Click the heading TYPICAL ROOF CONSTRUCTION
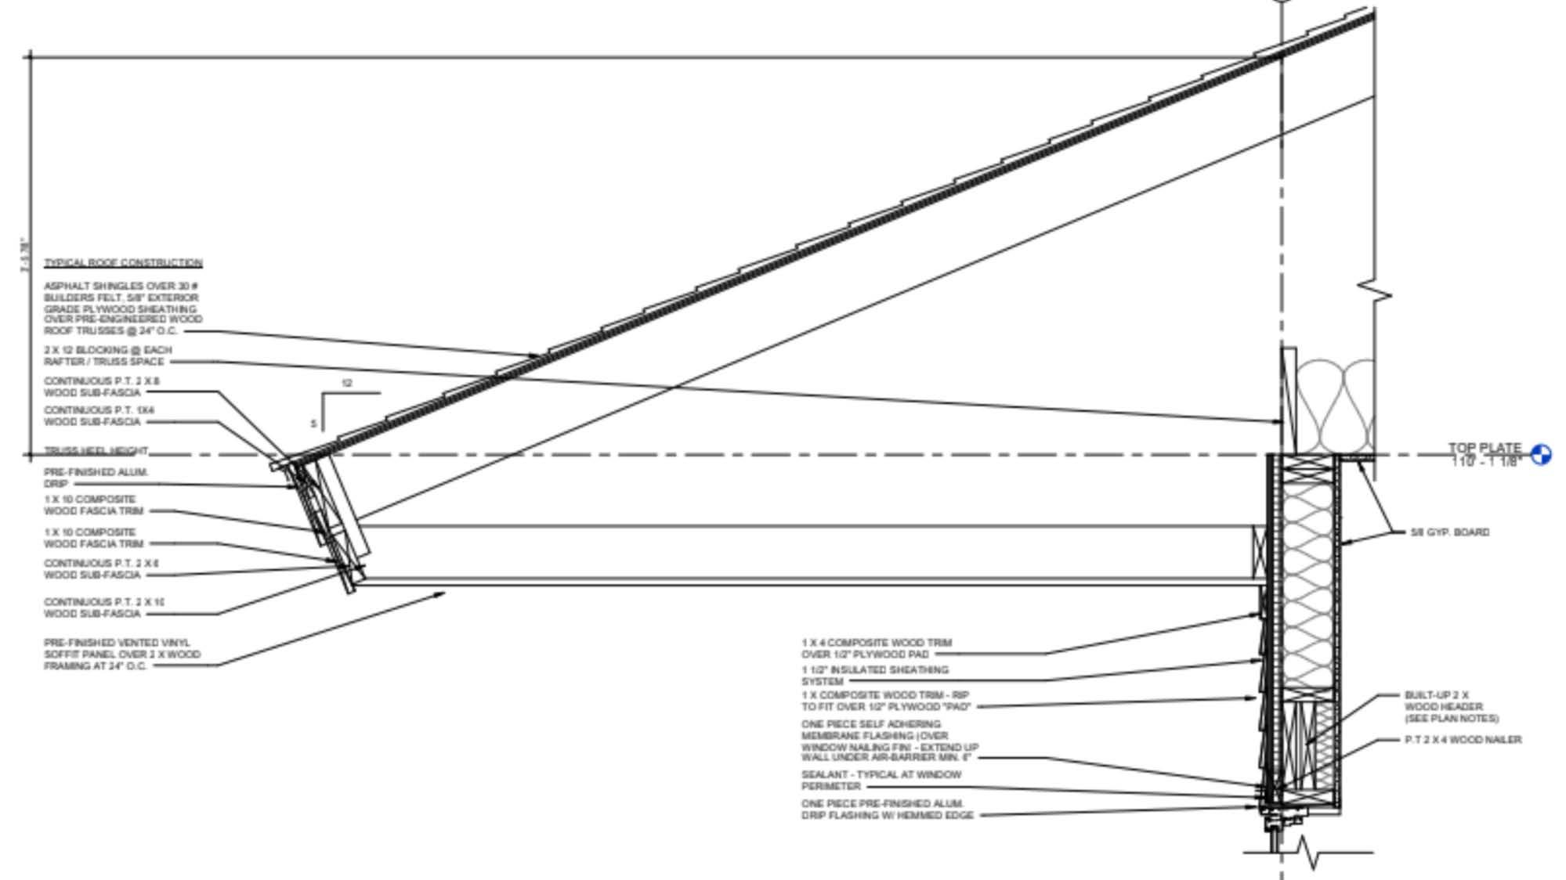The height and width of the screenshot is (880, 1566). pyautogui.click(x=123, y=263)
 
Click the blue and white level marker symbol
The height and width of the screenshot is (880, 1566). pyautogui.click(x=1540, y=455)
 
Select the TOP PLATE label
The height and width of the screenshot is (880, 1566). pyautogui.click(x=1484, y=449)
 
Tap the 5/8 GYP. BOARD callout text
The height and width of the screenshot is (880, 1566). pyautogui.click(x=1449, y=532)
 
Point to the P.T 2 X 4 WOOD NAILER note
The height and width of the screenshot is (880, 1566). pyautogui.click(x=1463, y=739)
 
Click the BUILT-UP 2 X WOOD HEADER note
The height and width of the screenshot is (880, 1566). pyautogui.click(x=1451, y=706)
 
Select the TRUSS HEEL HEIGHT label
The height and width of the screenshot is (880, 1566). pyautogui.click(x=96, y=451)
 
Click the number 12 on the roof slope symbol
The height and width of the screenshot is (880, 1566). pyautogui.click(x=347, y=384)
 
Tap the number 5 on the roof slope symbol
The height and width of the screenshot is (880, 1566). pyautogui.click(x=313, y=424)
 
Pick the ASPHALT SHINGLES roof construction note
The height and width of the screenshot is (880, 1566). pyautogui.click(x=122, y=308)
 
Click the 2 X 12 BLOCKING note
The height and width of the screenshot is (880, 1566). pyautogui.click(x=107, y=355)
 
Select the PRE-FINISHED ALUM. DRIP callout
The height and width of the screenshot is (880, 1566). pyautogui.click(x=96, y=478)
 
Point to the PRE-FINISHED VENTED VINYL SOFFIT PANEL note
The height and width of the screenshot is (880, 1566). pyautogui.click(x=121, y=654)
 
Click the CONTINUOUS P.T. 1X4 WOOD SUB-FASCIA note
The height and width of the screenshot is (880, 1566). pyautogui.click(x=99, y=416)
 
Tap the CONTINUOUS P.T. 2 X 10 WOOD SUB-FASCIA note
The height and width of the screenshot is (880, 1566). pyautogui.click(x=103, y=608)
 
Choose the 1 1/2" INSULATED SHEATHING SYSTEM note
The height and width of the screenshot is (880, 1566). pyautogui.click(x=874, y=675)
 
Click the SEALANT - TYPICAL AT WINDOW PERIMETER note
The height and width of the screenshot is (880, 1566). pyautogui.click(x=881, y=780)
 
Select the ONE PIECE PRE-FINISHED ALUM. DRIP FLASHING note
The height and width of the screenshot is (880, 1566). pyautogui.click(x=887, y=810)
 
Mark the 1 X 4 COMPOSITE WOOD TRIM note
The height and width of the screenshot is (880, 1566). pyautogui.click(x=876, y=648)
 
